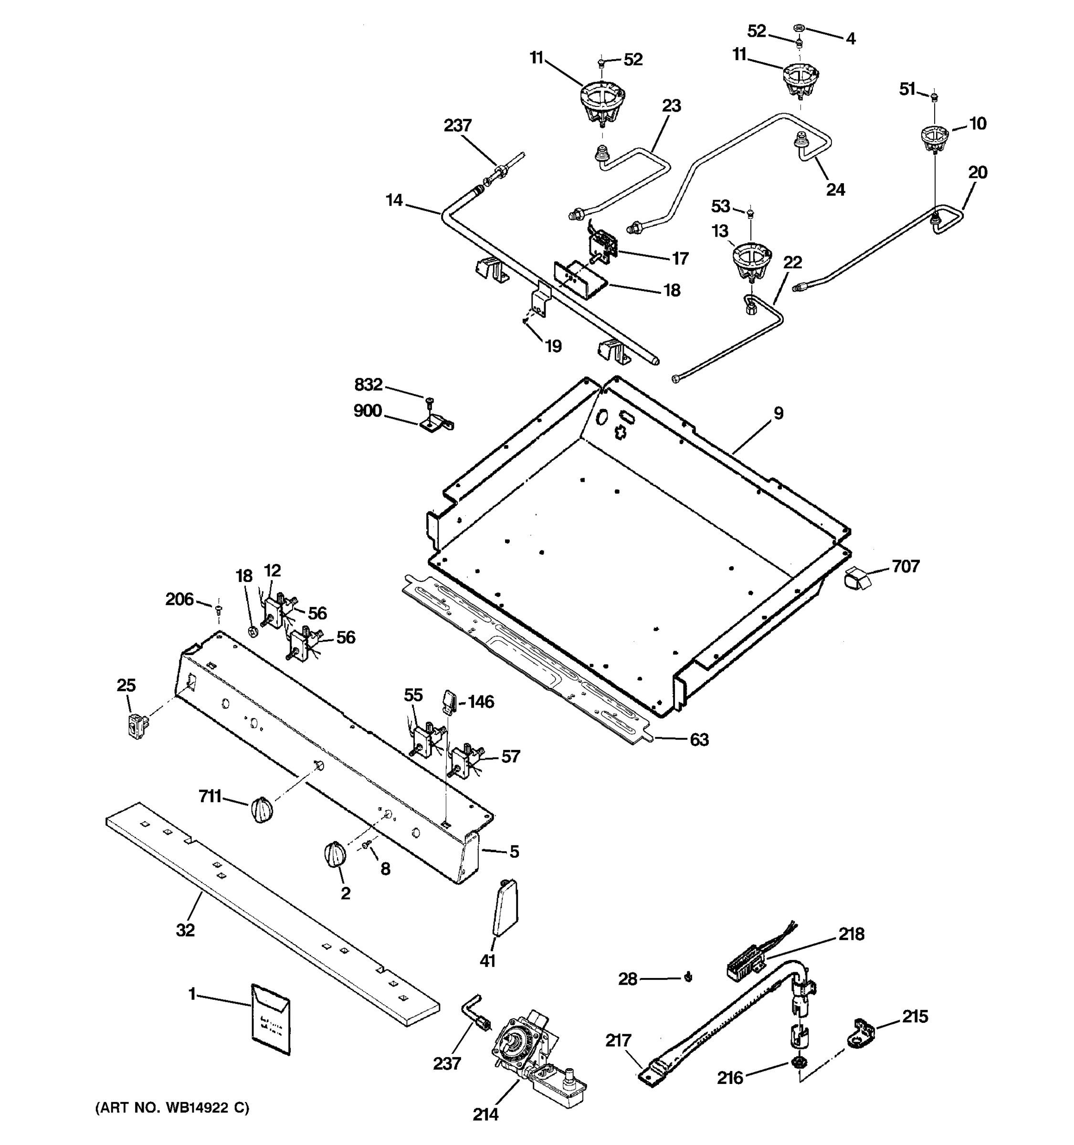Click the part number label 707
click(x=906, y=567)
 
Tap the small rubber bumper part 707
click(x=856, y=578)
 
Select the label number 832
click(x=368, y=384)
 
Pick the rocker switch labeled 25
click(x=137, y=725)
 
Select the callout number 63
click(x=699, y=739)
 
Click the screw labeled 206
click(x=218, y=608)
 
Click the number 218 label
click(x=851, y=934)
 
